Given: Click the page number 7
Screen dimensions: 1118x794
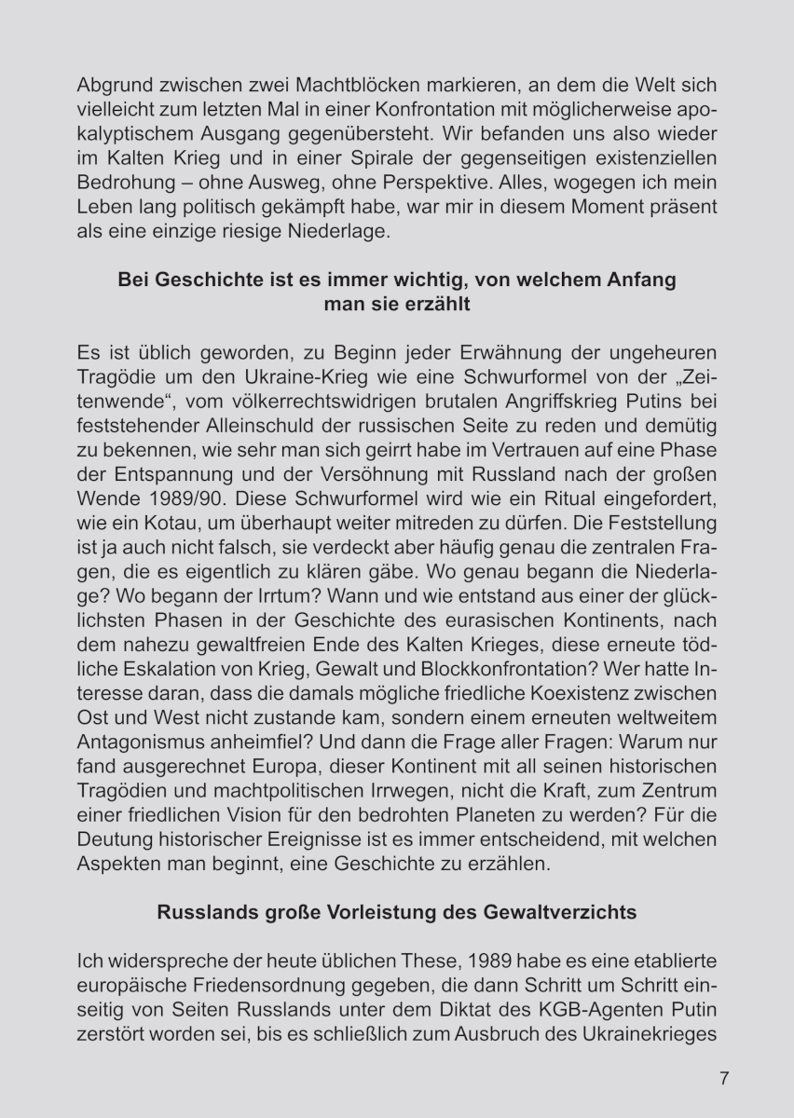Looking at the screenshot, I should pos(724,1079).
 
